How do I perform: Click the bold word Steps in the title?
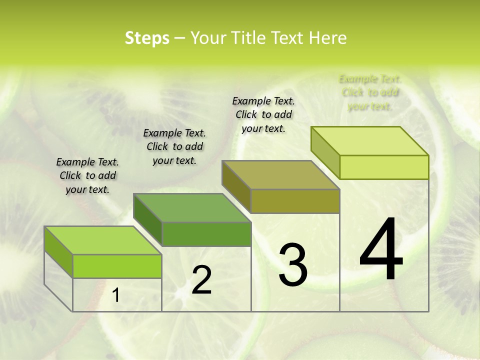[x=146, y=38]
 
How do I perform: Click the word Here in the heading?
[x=327, y=38]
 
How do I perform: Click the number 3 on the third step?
[x=293, y=265]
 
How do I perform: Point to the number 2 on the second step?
[x=201, y=280]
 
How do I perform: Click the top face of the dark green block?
[x=192, y=208]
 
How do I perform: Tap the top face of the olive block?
[x=281, y=175]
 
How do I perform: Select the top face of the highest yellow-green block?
[x=370, y=141]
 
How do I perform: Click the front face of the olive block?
[x=295, y=201]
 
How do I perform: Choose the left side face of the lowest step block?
[x=58, y=252]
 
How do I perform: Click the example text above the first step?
[x=87, y=175]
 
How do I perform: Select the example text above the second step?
[x=174, y=146]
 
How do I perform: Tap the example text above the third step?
[x=263, y=114]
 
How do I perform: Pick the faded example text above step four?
[x=370, y=92]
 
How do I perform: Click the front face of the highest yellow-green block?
[x=384, y=167]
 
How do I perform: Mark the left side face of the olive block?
[x=236, y=187]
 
